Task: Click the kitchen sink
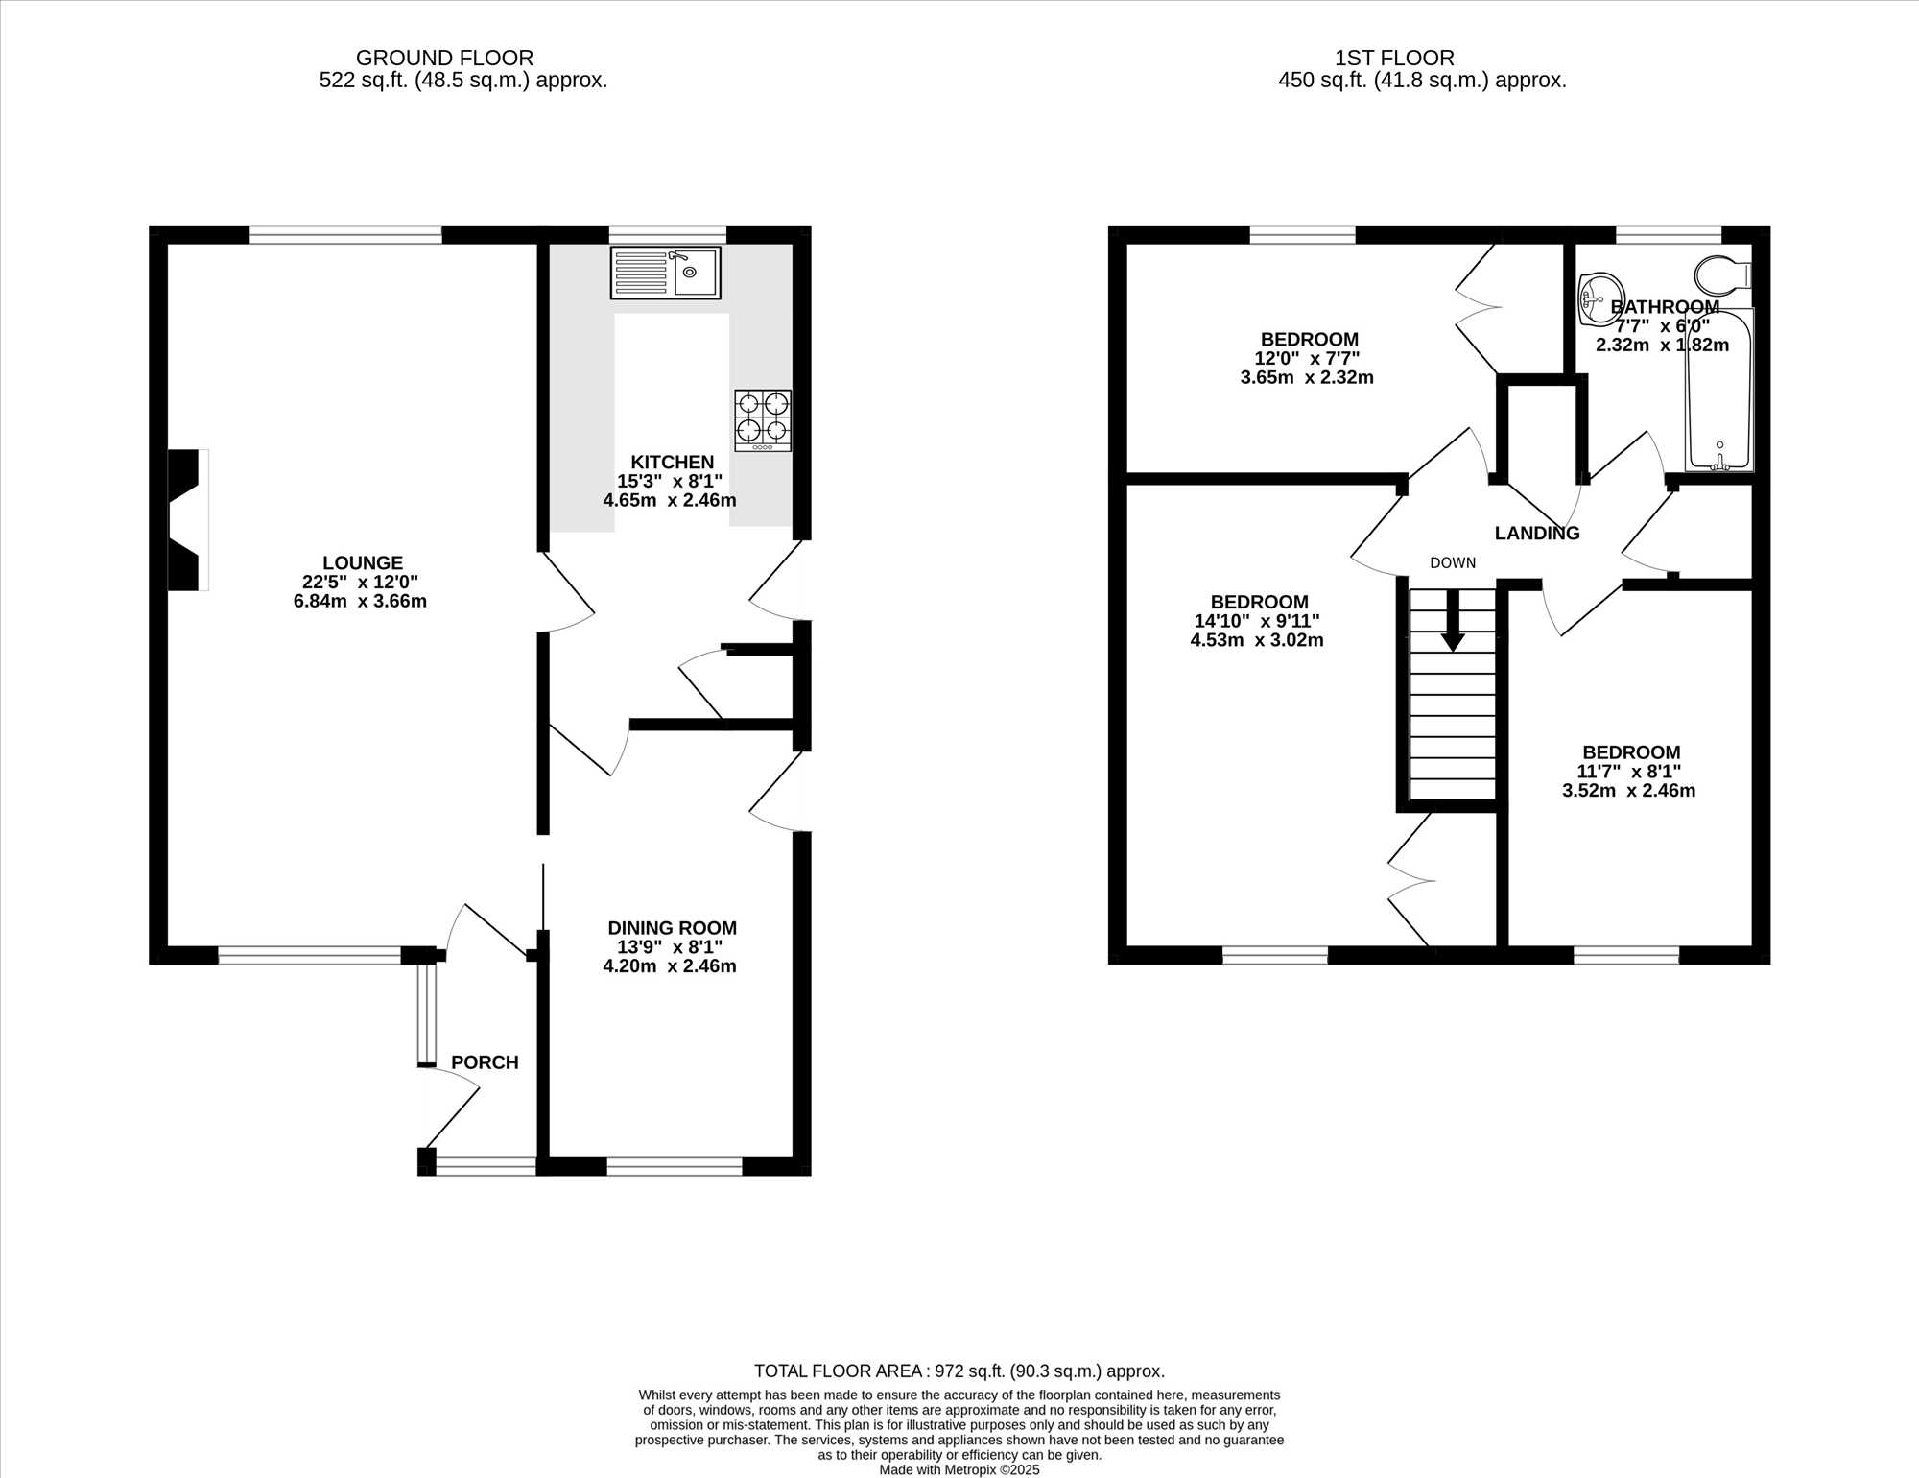point(665,273)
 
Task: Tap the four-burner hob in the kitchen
point(763,420)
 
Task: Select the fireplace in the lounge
point(188,519)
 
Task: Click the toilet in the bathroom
point(1723,275)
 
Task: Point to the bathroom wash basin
point(1601,298)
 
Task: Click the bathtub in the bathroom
point(1719,390)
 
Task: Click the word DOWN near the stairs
point(1453,562)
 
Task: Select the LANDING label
point(1537,534)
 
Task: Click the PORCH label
point(485,1062)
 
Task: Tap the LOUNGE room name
point(363,563)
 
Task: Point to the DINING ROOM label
point(672,928)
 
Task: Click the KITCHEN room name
point(672,463)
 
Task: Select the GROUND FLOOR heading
point(444,58)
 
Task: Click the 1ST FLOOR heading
point(1394,58)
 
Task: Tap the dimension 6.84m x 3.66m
point(360,602)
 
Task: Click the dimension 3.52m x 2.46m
point(1628,791)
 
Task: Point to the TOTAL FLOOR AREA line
point(959,1371)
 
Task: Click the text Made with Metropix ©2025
point(959,1469)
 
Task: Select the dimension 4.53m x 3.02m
point(1257,640)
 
